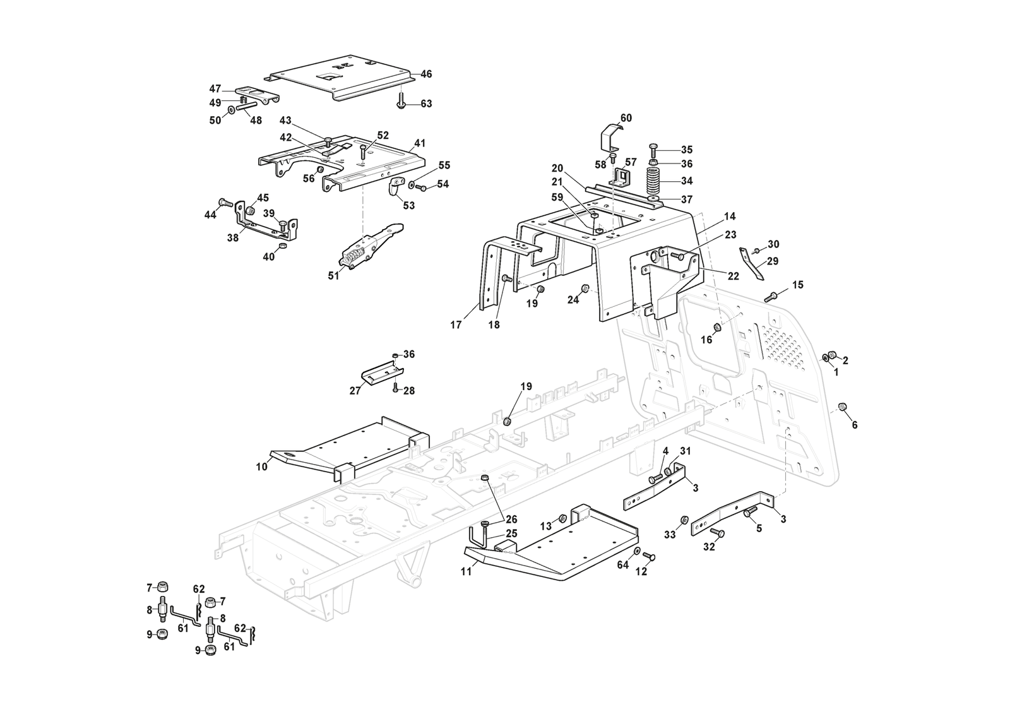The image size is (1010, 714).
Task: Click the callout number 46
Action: pyautogui.click(x=426, y=74)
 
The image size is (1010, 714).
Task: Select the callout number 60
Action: pyautogui.click(x=626, y=118)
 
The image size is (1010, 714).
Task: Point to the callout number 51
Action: pyautogui.click(x=334, y=276)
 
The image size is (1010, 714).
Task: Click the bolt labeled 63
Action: pyautogui.click(x=402, y=102)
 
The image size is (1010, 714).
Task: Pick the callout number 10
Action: pyautogui.click(x=261, y=467)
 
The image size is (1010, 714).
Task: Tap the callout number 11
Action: pyautogui.click(x=466, y=572)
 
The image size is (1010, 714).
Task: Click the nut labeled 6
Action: pyautogui.click(x=841, y=406)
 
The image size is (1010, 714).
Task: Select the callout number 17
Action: pyautogui.click(x=456, y=325)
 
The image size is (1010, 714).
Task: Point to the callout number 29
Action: pyautogui.click(x=773, y=261)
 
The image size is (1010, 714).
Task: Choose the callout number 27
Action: pyautogui.click(x=355, y=391)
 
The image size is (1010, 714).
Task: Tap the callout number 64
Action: pyautogui.click(x=623, y=565)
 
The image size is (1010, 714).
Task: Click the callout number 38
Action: pyautogui.click(x=232, y=239)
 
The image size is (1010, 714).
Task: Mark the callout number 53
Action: pyautogui.click(x=408, y=205)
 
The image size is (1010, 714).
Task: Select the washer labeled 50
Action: pyautogui.click(x=233, y=110)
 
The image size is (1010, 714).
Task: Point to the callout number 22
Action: pyautogui.click(x=734, y=276)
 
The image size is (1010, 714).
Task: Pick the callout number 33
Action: pyautogui.click(x=670, y=534)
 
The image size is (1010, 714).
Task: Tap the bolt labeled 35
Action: pyautogui.click(x=653, y=149)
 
